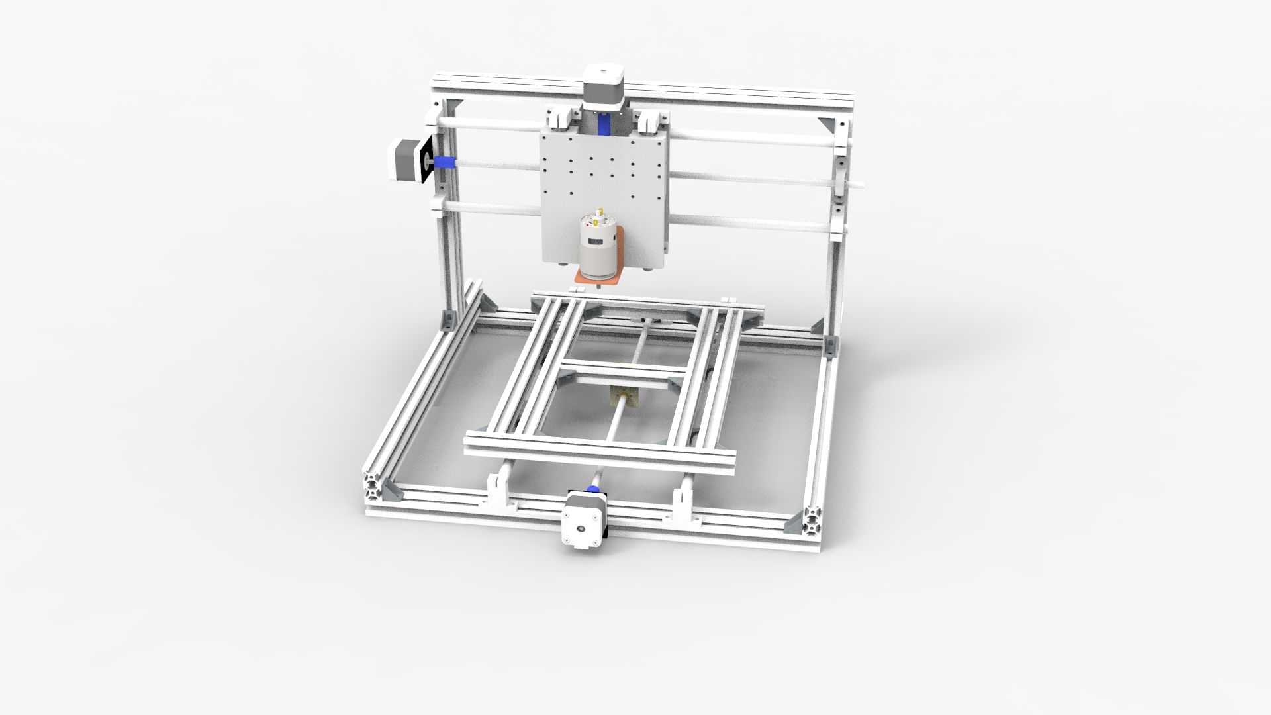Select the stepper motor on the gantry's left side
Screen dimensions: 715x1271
pos(402,159)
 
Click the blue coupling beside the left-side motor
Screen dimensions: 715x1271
pos(444,162)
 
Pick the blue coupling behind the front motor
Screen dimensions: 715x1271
pos(594,490)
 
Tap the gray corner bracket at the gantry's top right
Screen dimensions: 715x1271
pos(827,124)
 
